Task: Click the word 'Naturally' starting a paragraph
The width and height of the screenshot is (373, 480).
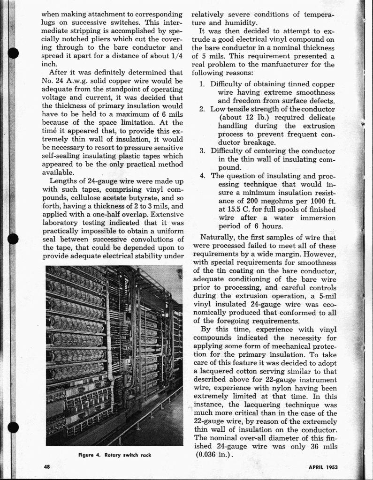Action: [217, 237]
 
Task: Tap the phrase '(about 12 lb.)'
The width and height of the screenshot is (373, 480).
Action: [242, 117]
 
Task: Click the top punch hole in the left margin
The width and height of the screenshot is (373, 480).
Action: [13, 53]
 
